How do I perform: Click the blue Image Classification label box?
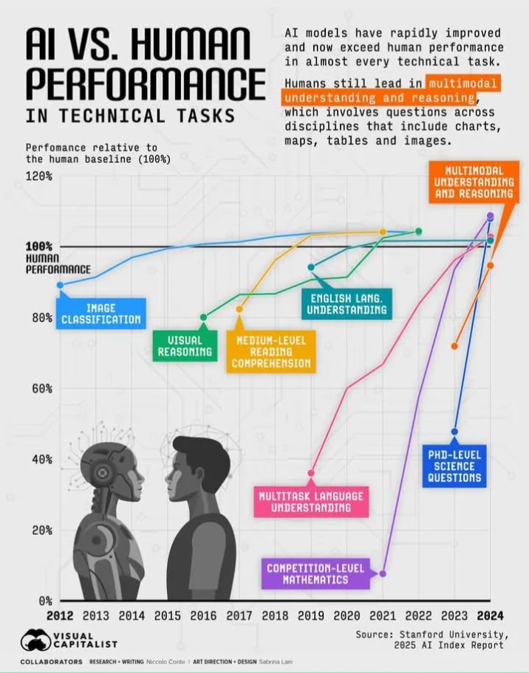point(100,314)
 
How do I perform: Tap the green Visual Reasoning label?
point(185,346)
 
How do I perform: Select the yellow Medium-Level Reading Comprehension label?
point(270,351)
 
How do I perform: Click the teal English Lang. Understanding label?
point(347,304)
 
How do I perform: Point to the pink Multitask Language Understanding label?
point(310,501)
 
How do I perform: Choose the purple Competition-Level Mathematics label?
point(317,574)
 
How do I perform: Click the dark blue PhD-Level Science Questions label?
point(454,466)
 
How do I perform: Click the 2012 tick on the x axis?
point(60,615)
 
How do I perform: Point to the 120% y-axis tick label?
point(39,176)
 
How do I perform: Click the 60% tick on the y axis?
point(41,388)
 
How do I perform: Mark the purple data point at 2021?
point(383,573)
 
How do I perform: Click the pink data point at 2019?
point(311,473)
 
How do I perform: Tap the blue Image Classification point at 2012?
point(60,285)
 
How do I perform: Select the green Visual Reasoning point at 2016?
point(204,317)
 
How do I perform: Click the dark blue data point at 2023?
point(454,432)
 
